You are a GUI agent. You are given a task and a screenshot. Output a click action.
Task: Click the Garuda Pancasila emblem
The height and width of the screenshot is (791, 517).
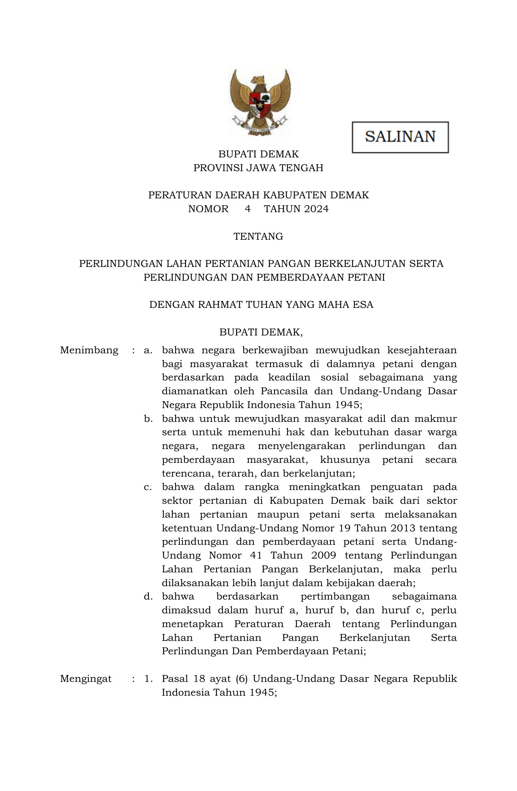[260, 103]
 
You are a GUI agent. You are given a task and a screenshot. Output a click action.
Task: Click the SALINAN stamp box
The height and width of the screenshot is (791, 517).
[400, 137]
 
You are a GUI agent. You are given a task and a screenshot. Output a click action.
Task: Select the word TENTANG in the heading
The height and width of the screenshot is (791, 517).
[258, 236]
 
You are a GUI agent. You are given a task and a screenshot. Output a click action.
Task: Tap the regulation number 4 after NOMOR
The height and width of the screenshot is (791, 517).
[248, 209]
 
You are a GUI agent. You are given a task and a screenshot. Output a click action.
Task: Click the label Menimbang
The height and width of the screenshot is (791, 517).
[89, 350]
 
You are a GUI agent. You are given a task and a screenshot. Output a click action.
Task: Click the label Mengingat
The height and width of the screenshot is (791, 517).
[86, 679]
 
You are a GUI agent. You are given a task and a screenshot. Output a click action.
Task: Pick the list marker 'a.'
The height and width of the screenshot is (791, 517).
[148, 350]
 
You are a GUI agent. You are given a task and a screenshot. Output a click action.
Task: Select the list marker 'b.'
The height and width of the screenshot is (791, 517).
[148, 419]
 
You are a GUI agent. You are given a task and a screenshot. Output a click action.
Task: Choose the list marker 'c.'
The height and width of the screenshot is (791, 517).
[148, 487]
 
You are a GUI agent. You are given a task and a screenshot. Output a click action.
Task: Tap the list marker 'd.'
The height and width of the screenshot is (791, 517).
[148, 596]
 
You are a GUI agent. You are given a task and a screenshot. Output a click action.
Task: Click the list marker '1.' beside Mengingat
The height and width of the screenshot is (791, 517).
[148, 679]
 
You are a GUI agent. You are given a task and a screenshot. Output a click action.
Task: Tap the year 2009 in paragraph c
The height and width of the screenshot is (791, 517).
[324, 555]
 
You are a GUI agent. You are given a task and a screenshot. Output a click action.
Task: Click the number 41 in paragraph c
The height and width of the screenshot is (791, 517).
[256, 555]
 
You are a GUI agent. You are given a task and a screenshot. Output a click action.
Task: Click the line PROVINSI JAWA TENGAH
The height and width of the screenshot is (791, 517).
[258, 168]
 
